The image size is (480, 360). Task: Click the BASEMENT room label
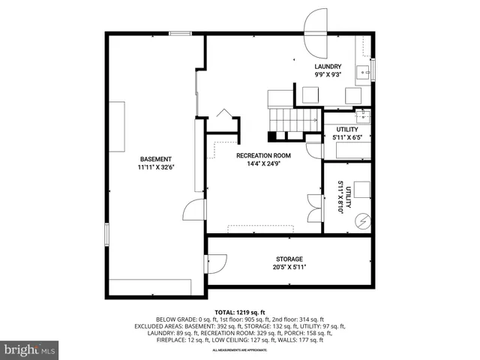coord(155,159)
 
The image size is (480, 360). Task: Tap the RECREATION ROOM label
coord(263,155)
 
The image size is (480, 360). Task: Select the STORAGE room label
coord(289,259)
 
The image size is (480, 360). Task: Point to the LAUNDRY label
coord(328,67)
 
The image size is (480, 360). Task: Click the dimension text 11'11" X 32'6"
coord(155,168)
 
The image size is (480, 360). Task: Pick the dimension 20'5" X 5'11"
coord(289,267)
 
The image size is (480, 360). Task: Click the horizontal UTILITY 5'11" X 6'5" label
coord(346,133)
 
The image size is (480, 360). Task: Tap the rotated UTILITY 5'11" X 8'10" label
coord(343,198)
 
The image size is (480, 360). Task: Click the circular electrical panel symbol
coord(363,220)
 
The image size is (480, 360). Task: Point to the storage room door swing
coord(216,263)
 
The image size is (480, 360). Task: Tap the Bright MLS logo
coord(30,349)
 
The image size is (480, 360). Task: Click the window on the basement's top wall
coord(180,32)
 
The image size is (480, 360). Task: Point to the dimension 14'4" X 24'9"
coord(263,163)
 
